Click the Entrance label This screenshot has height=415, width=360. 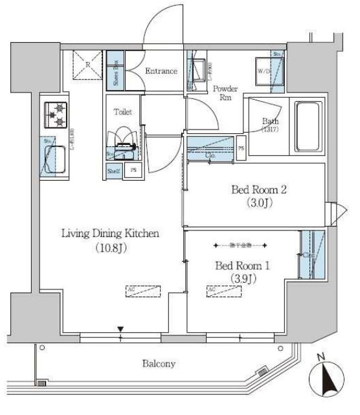(x=161, y=71)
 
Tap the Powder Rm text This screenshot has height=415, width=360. (x=225, y=93)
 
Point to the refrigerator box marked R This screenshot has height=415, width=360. (x=87, y=66)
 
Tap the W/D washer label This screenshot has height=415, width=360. (x=264, y=71)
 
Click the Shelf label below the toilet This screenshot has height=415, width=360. (x=114, y=171)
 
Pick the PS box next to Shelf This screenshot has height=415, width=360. (x=133, y=171)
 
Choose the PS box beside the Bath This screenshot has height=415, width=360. (x=241, y=148)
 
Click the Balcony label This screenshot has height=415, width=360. (x=159, y=364)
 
